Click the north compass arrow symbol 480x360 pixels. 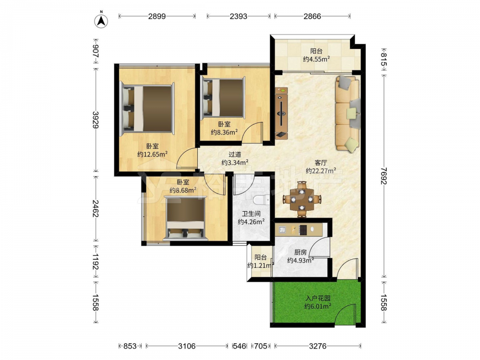(x=101, y=21)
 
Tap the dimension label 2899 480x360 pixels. (x=157, y=16)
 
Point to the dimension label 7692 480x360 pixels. (x=384, y=176)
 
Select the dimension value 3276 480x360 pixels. (x=318, y=346)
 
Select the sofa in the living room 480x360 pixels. (x=348, y=113)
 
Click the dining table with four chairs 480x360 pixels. (x=302, y=199)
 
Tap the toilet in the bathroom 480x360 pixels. (x=261, y=200)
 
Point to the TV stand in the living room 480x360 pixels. (x=281, y=113)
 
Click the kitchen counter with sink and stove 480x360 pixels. (x=299, y=229)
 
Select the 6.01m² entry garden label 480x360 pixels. (x=318, y=302)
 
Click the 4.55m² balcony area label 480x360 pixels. (x=316, y=55)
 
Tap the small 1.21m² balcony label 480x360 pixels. (x=260, y=262)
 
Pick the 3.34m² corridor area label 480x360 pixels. (x=235, y=158)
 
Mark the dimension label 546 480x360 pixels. (x=239, y=346)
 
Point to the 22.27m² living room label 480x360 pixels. (x=321, y=167)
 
